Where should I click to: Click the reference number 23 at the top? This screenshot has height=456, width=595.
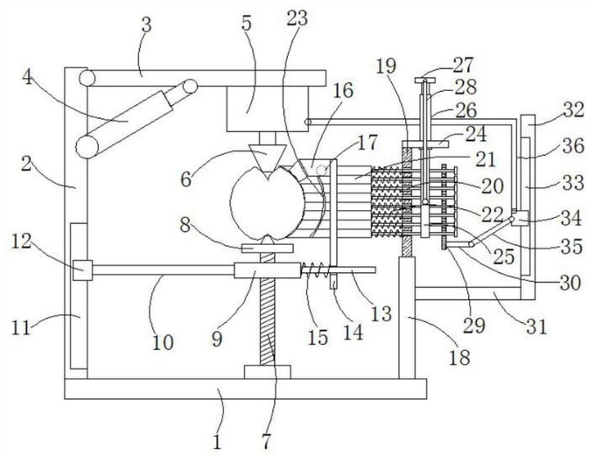click(297, 18)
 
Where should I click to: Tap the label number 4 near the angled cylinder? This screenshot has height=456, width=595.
click(27, 78)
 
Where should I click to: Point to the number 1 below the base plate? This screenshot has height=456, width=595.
click(217, 442)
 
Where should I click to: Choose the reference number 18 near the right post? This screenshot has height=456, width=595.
click(459, 356)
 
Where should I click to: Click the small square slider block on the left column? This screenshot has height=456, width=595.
click(82, 270)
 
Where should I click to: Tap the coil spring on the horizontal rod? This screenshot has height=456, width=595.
click(316, 270)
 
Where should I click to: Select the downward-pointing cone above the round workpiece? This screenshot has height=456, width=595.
click(268, 156)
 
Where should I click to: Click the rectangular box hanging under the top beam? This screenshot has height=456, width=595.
click(268, 109)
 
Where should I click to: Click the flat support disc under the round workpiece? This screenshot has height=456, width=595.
click(268, 249)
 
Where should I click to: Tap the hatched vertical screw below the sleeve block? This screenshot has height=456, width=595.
click(267, 322)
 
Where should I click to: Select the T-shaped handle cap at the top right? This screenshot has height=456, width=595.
click(424, 81)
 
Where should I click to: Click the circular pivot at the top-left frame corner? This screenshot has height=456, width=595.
click(87, 78)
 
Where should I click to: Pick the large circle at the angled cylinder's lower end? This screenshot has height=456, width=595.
click(87, 147)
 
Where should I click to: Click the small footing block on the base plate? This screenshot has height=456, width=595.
click(268, 372)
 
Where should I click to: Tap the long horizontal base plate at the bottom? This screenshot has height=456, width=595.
click(246, 389)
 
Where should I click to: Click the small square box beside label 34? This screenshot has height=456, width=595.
click(521, 218)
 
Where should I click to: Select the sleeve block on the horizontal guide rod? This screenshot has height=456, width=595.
click(268, 270)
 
